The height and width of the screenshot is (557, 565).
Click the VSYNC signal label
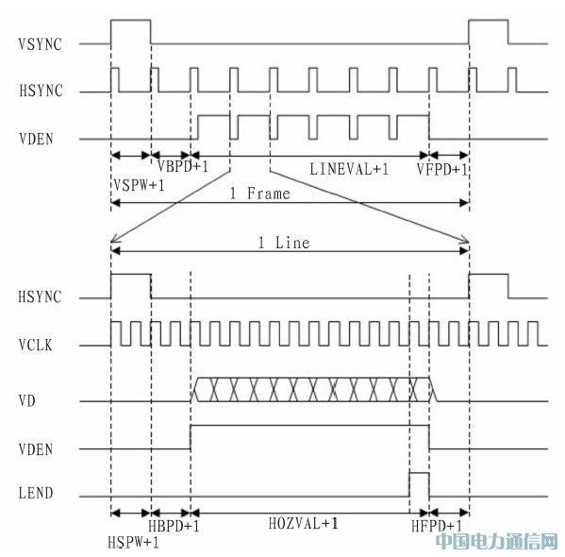point(40,44)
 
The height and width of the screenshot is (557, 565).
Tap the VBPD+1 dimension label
point(183,166)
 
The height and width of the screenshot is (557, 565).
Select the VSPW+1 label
point(139,185)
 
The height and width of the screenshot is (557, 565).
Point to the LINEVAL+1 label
point(349,169)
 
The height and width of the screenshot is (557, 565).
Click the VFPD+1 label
point(441,169)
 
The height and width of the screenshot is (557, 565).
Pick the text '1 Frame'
point(259,194)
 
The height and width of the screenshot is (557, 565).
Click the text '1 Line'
point(284,243)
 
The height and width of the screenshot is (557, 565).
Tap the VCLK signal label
point(35,346)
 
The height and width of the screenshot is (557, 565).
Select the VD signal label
point(27,401)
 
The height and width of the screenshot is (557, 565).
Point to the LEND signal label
point(36,493)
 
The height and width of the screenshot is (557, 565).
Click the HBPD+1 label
point(174,527)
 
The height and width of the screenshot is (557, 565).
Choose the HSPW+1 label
point(133,542)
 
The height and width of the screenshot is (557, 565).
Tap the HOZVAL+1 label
point(304,523)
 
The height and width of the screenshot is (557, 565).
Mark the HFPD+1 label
point(437,527)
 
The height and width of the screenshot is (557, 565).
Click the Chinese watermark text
point(496,542)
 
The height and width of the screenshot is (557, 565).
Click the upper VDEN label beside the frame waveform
point(36,139)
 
